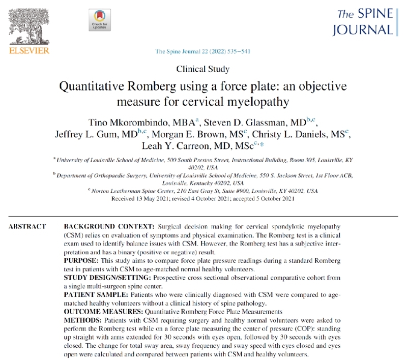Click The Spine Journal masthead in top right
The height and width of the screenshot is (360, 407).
pos(362,21)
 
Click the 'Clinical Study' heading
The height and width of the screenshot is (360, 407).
pos(202,69)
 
